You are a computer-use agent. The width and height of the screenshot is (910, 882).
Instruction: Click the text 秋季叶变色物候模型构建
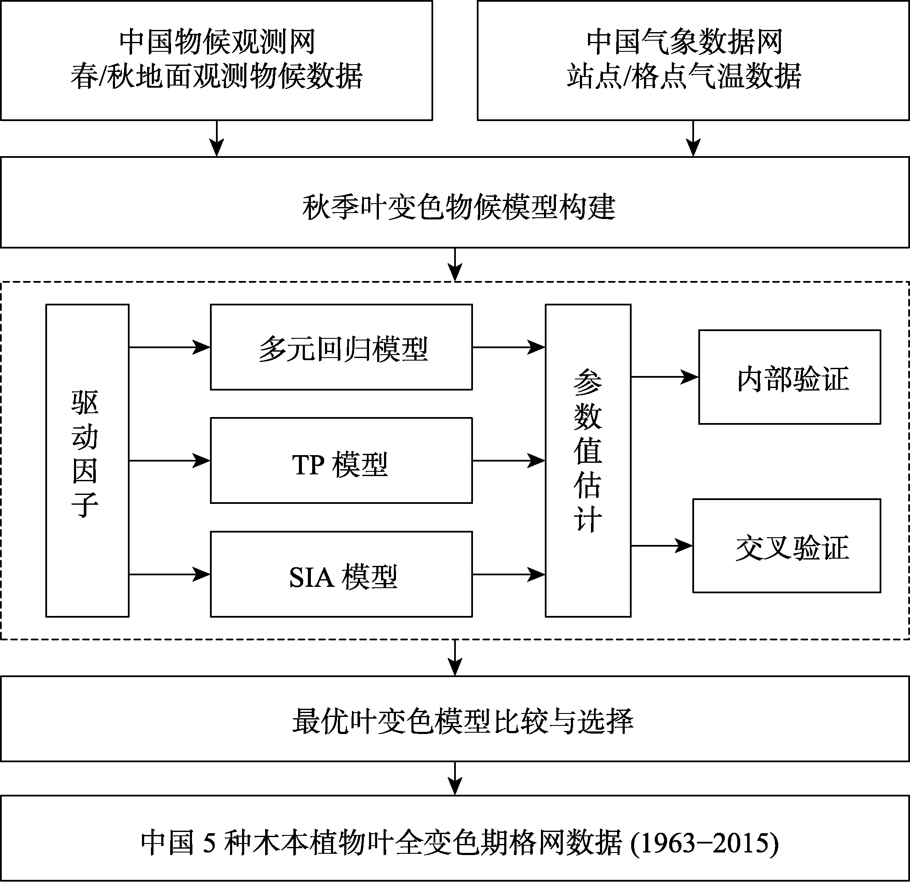point(459,207)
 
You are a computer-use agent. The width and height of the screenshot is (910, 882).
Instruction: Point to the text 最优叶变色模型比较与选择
point(462,721)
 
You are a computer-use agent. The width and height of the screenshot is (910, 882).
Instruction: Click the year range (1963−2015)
point(704,843)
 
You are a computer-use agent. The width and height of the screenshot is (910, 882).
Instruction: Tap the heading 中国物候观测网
point(217,42)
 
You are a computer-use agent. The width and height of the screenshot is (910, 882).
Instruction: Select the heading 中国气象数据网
point(684,42)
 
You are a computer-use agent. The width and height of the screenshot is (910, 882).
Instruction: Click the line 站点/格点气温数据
point(684,76)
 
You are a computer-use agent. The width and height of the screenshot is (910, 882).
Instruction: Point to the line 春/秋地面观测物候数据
point(217,76)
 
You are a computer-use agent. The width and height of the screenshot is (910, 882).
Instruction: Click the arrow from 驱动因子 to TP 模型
point(169,461)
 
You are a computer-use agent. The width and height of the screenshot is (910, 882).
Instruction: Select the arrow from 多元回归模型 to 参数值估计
point(509,347)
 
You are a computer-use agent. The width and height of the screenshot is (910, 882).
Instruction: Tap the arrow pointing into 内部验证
point(665,377)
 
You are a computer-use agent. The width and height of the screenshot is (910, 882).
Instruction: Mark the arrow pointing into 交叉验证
point(662,545)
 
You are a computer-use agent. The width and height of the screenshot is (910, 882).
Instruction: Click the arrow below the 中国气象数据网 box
point(693,139)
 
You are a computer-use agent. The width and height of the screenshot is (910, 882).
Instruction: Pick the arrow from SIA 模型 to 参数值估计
point(509,574)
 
